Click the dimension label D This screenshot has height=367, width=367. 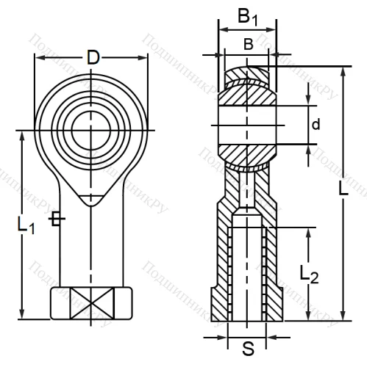(x=92, y=57)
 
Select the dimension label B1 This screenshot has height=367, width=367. (x=248, y=17)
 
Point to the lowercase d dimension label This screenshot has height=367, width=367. (x=316, y=125)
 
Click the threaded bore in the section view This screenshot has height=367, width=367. (x=248, y=272)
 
